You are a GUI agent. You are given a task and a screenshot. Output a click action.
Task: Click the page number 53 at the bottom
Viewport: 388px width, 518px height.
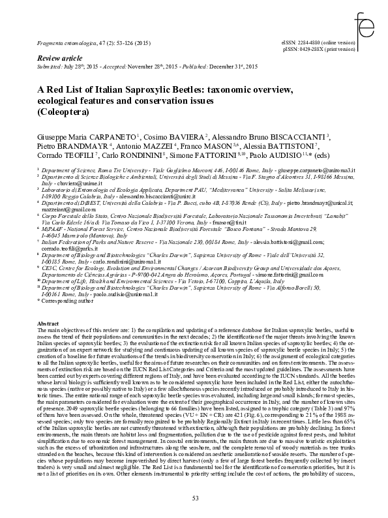(x=194, y=498)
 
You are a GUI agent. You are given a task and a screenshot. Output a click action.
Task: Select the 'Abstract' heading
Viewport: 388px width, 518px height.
(x=48, y=324)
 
